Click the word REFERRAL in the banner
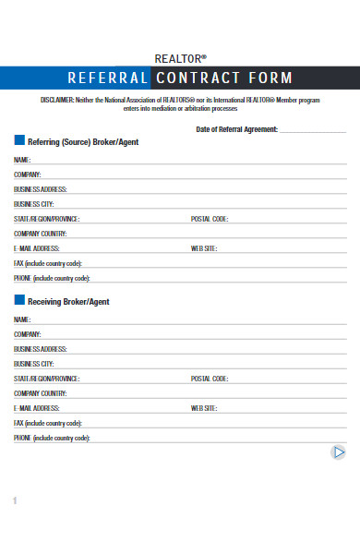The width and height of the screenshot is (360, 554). tap(107, 78)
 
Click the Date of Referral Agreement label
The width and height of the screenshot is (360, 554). tap(236, 129)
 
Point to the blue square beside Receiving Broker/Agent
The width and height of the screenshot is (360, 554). tap(19, 300)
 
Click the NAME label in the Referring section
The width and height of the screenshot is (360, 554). tap(23, 160)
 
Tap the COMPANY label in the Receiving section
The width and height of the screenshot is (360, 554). tap(28, 334)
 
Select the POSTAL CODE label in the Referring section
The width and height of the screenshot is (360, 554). tap(209, 219)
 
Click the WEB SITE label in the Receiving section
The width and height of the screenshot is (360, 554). tap(204, 407)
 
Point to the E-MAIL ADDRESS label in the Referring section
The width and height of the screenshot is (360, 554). tap(37, 248)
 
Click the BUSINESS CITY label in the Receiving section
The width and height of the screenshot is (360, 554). tap(34, 364)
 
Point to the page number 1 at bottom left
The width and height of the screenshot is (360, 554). tap(15, 500)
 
